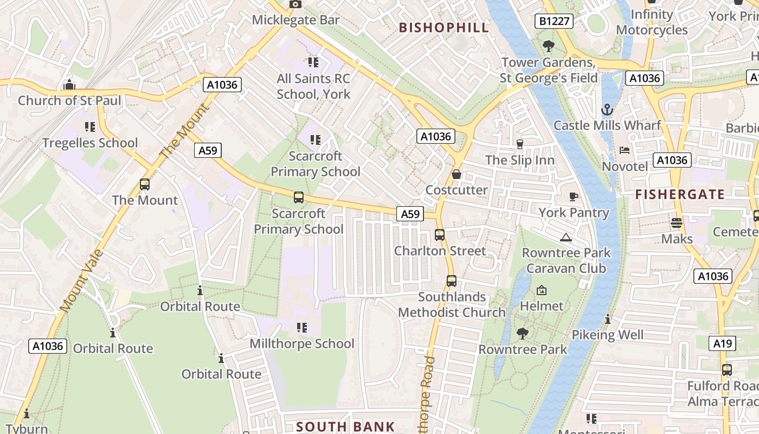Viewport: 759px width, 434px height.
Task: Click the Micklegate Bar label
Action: (x=296, y=20)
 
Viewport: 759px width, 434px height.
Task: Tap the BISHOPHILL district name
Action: (x=444, y=28)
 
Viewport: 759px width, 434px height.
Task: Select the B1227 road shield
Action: (x=554, y=21)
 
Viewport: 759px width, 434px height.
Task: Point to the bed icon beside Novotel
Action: (x=625, y=150)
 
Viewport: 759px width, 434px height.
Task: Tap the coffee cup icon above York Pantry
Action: (x=574, y=196)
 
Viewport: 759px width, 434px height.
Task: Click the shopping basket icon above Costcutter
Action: (x=456, y=174)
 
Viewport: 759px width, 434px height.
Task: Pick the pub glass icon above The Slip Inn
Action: (x=520, y=144)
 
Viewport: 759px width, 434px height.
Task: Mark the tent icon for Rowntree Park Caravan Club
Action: (x=566, y=237)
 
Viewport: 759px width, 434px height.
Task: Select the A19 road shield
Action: (x=723, y=343)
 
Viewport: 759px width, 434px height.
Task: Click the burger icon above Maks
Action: (x=677, y=222)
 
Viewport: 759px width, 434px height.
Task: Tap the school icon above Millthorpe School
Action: (x=302, y=327)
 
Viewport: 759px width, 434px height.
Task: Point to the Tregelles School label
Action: (x=90, y=143)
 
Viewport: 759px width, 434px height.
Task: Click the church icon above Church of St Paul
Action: (x=69, y=85)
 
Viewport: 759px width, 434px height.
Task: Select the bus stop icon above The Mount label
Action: (x=145, y=184)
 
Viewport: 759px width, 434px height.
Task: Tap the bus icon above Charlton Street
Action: (x=440, y=235)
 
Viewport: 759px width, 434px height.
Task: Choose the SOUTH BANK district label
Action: (x=346, y=426)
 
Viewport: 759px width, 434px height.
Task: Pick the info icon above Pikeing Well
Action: (x=608, y=319)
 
